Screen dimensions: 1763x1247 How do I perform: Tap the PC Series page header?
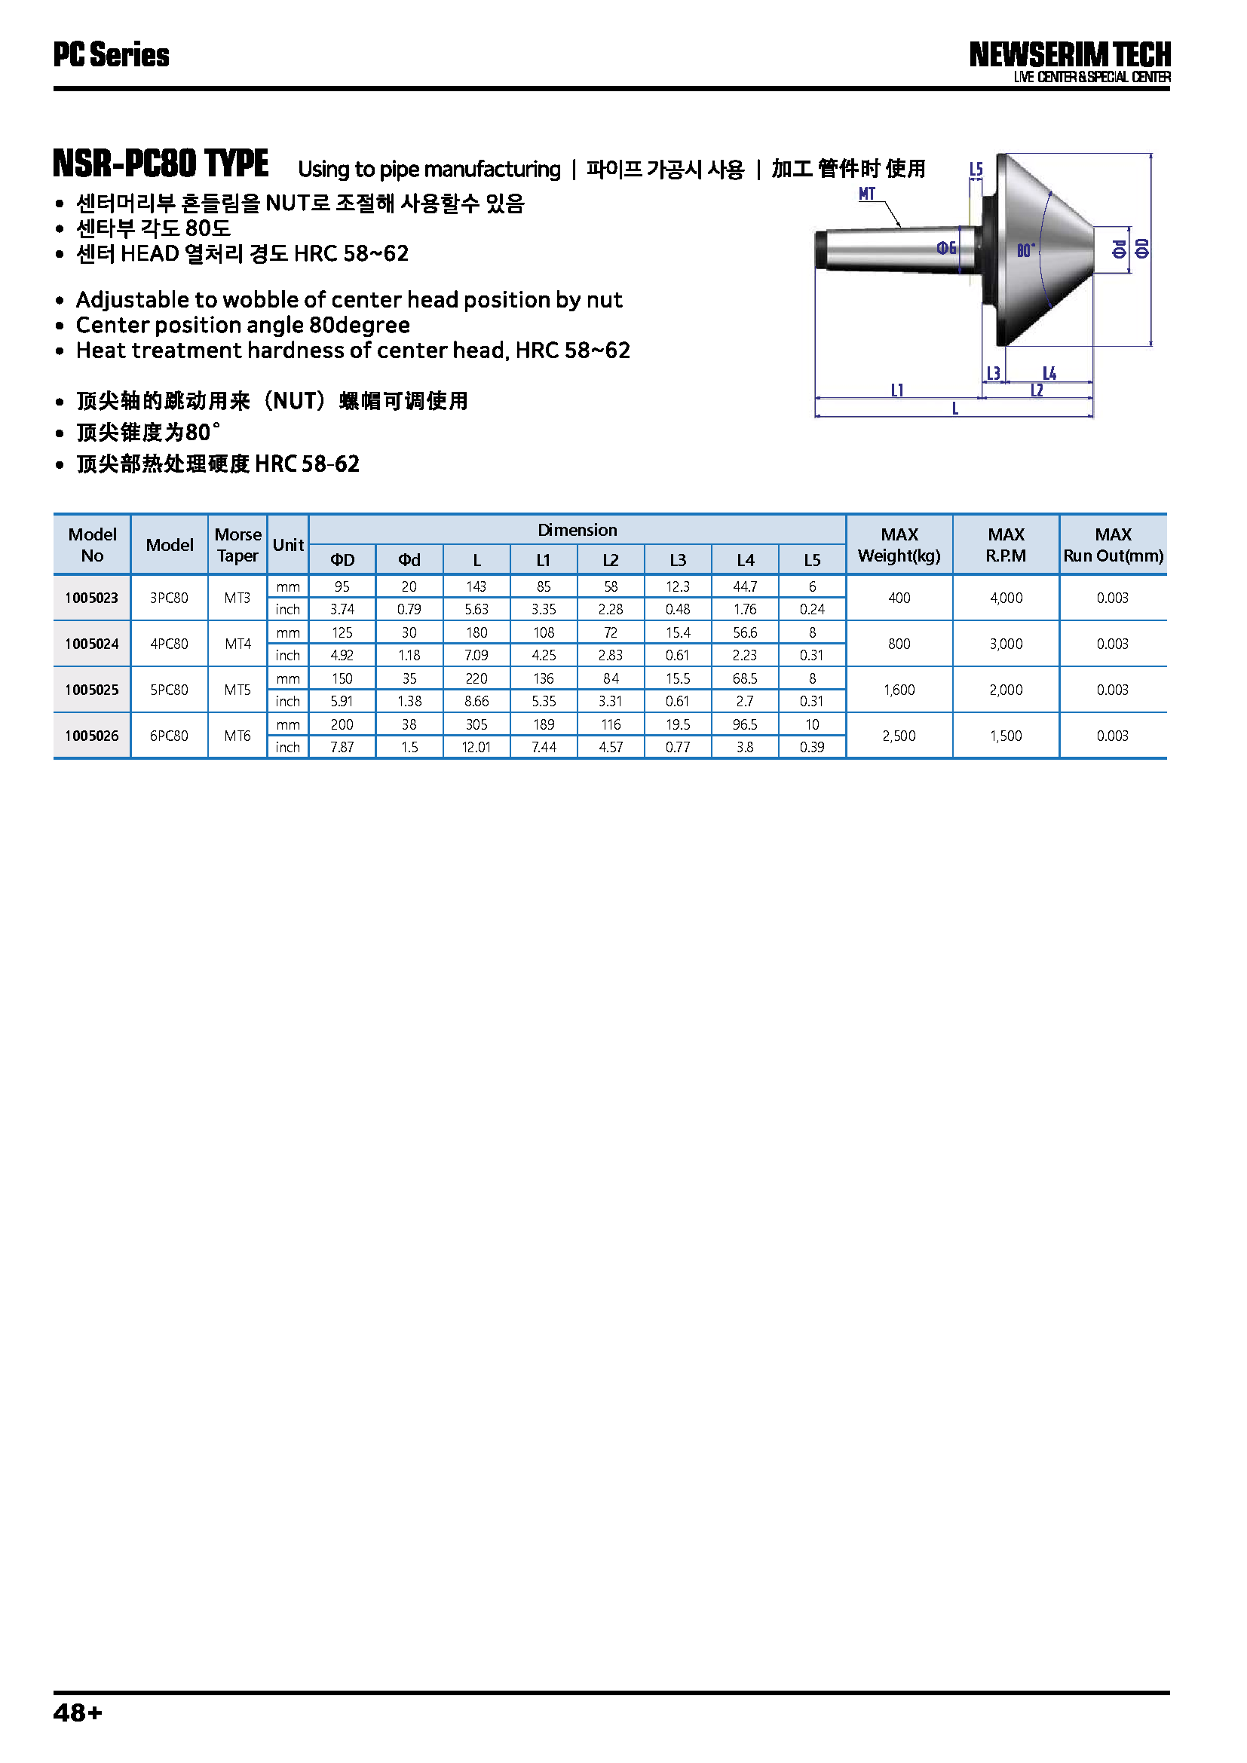click(112, 55)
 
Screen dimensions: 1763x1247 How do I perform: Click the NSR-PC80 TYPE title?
click(161, 164)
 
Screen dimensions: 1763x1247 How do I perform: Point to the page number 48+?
click(78, 1713)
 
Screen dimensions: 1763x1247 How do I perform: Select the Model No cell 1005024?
click(91, 644)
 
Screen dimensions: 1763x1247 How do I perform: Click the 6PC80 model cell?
click(169, 736)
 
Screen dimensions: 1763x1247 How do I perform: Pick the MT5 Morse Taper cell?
click(237, 690)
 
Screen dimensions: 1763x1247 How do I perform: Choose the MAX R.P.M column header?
click(1006, 544)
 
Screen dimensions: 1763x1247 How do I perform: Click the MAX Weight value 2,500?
click(899, 736)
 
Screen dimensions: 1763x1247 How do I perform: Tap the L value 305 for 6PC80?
click(476, 724)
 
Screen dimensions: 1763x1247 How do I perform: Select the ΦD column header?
click(342, 560)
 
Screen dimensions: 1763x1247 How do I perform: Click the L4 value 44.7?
click(745, 586)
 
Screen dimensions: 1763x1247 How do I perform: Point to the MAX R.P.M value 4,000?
click(1006, 598)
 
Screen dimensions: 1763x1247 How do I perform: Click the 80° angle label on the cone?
click(1026, 250)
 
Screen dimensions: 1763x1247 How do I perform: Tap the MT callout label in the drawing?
click(867, 194)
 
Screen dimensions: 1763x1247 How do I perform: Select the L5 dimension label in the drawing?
click(976, 169)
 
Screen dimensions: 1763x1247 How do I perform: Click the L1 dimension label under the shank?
click(897, 390)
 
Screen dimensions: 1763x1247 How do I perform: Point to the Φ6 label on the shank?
click(946, 247)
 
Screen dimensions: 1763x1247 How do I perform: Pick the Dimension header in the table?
click(577, 530)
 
